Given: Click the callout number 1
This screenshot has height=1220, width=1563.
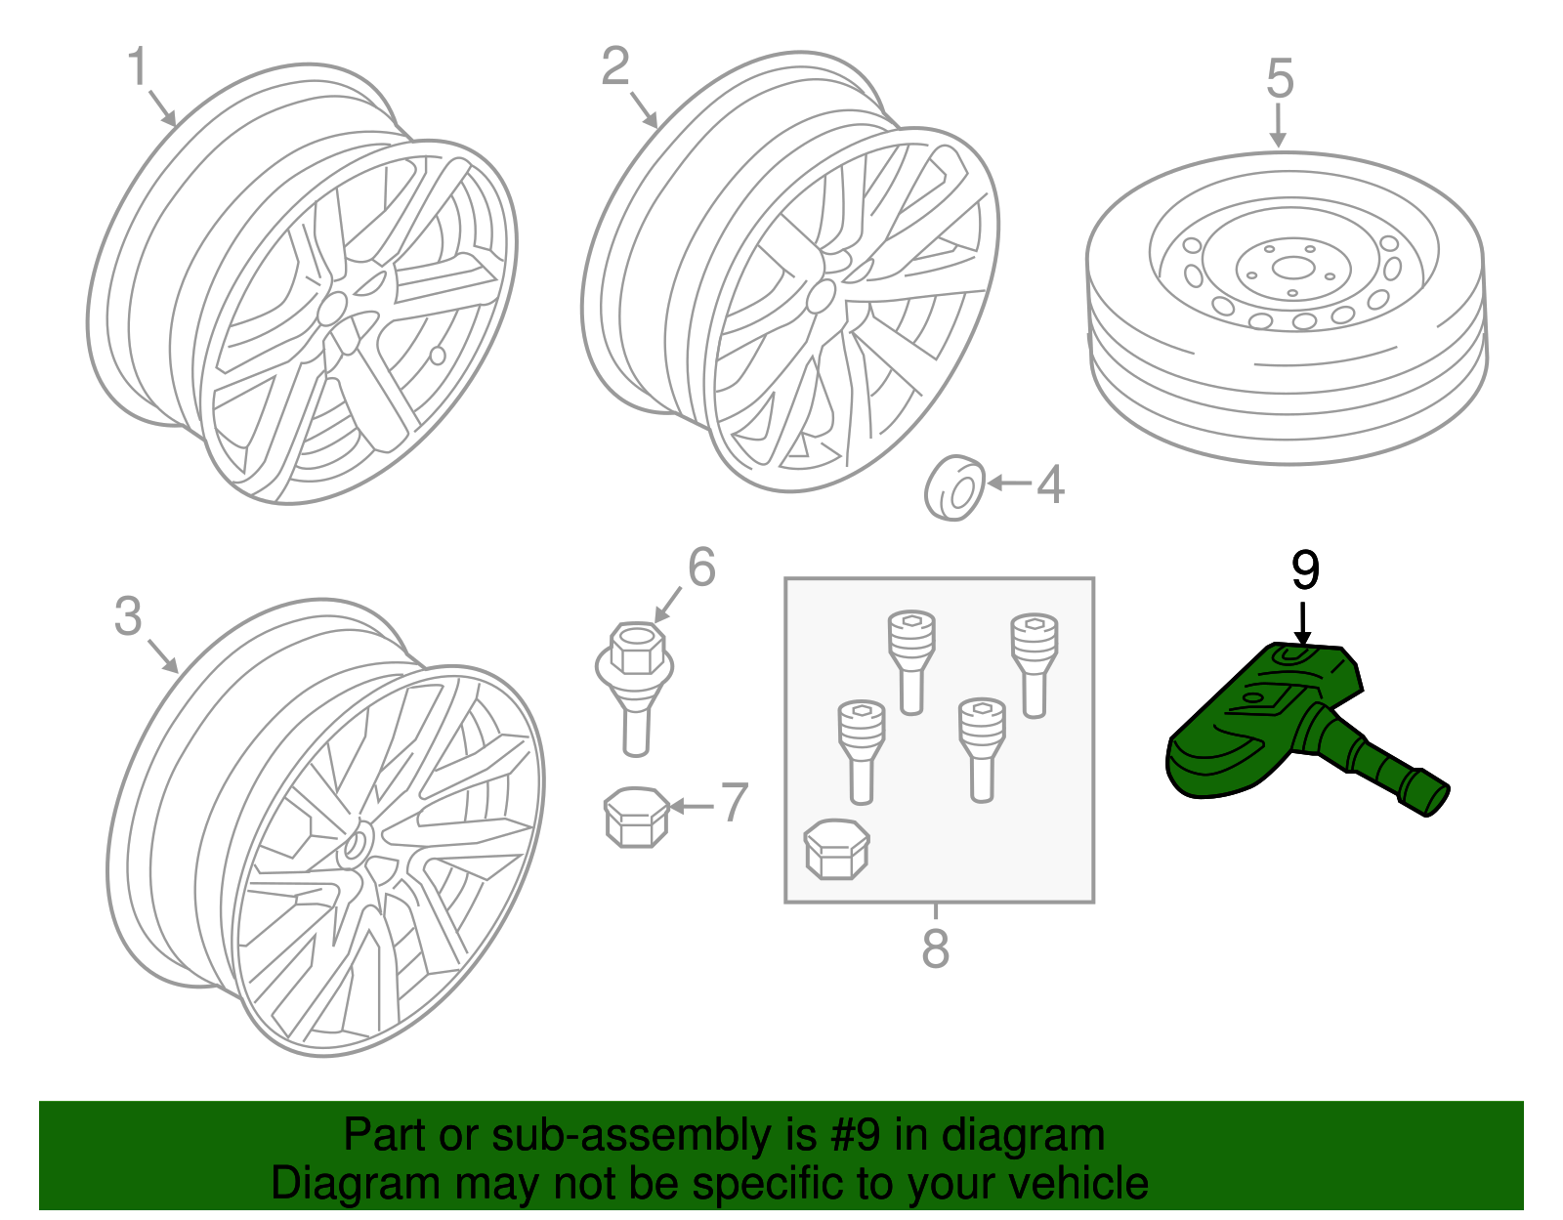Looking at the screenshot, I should point(138,67).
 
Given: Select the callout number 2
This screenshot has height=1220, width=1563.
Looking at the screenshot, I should point(615,67).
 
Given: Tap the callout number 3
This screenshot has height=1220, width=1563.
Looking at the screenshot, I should point(128,617).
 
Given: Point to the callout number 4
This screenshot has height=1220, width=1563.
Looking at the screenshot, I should point(1050,484).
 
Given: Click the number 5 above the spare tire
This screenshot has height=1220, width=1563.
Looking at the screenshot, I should point(1280,79).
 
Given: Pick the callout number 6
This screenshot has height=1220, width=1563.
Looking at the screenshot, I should point(701,568).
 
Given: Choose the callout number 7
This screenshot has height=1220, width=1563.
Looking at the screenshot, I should point(735,803).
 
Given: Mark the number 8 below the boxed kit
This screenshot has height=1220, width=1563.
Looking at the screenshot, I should point(935,948).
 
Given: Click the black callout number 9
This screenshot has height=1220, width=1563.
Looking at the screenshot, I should point(1305,570).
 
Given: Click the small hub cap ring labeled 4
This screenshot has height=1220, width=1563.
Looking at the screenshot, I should point(954,487).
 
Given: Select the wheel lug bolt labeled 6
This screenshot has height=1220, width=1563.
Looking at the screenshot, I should point(635,684).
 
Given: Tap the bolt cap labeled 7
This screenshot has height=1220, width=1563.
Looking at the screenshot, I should point(636,817).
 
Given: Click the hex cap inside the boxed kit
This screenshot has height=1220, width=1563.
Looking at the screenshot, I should point(836,848).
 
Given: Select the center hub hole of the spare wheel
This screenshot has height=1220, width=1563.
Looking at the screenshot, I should point(1292,267).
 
